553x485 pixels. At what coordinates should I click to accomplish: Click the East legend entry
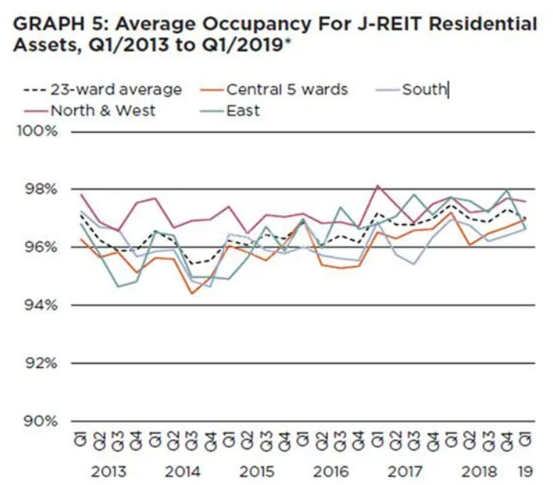coord(243,110)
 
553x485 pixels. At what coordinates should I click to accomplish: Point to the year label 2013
coord(109,472)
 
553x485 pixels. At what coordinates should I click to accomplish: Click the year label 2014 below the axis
coord(183,472)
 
